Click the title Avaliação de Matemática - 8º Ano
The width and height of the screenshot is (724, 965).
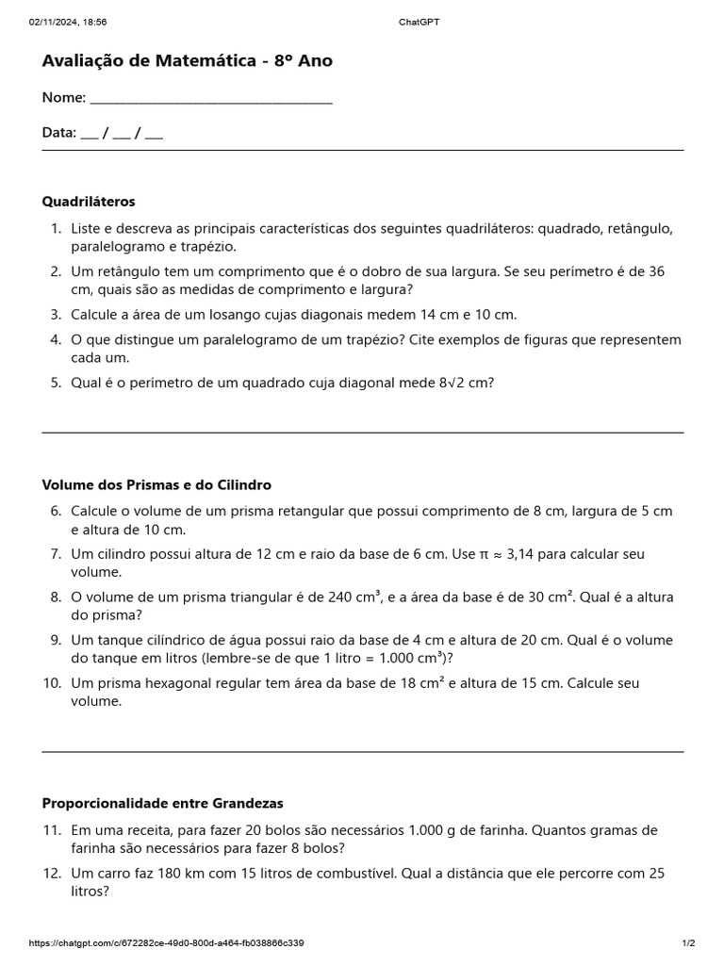click(x=187, y=61)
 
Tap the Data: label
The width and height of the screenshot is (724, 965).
click(x=58, y=133)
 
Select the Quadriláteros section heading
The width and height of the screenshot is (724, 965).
click(x=89, y=202)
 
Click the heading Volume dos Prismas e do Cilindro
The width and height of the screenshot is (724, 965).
click(x=156, y=485)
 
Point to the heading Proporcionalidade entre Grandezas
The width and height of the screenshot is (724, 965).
click(x=162, y=804)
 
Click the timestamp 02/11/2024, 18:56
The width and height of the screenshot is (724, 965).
click(x=68, y=22)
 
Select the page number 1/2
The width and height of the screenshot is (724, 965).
click(x=688, y=943)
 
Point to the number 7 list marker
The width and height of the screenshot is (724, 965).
click(x=56, y=554)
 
